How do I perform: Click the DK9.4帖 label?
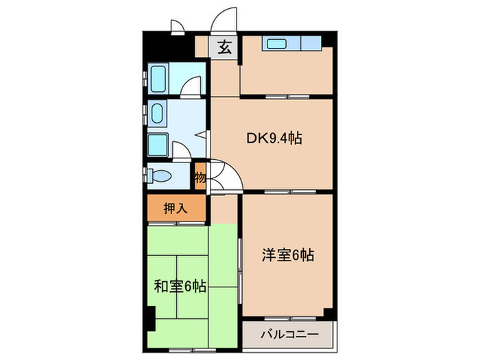(x=274, y=138)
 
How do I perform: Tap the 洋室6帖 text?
(x=287, y=256)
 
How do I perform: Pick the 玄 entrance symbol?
(x=224, y=47)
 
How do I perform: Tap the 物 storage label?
(x=200, y=178)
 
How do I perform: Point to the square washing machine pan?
(x=158, y=145)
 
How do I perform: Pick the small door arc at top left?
(x=177, y=27)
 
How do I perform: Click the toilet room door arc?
(x=181, y=152)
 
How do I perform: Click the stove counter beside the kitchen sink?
(x=311, y=45)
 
